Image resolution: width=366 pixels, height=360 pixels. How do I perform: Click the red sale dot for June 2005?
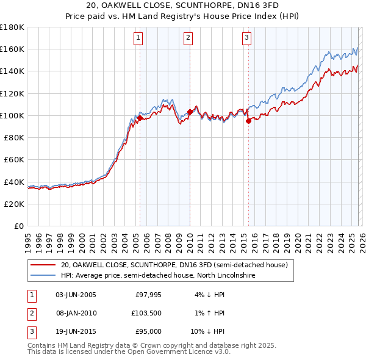[x=140, y=117]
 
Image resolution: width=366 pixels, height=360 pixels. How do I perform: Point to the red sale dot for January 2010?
[x=190, y=112]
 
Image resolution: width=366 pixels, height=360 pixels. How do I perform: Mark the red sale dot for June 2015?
[x=248, y=121]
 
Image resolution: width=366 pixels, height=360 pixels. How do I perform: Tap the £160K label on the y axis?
[x=12, y=49]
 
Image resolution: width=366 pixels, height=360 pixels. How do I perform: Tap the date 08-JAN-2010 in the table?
[x=76, y=313]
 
